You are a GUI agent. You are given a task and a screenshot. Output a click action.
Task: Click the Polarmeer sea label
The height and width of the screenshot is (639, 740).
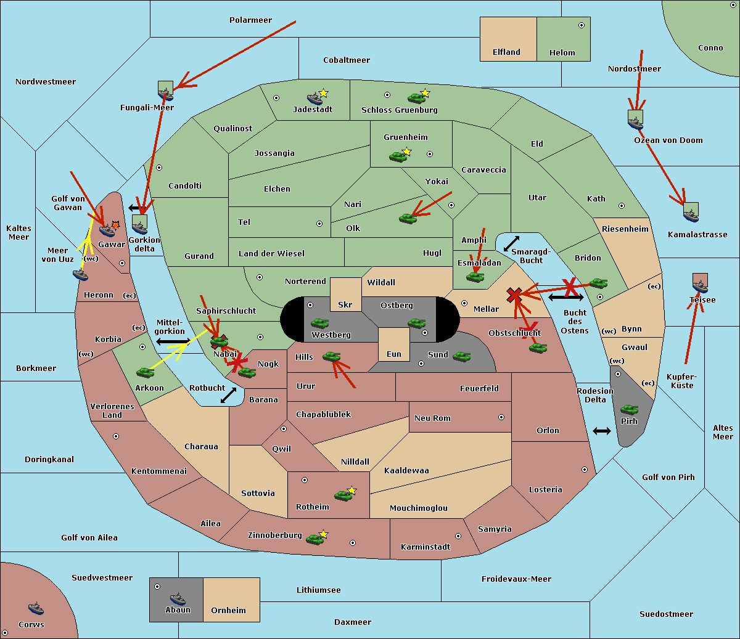tap(250, 20)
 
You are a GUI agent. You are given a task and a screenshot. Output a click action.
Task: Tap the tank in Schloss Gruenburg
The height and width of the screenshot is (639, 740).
tap(416, 97)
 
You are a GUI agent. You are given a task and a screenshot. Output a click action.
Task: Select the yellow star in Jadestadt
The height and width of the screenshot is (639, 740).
tap(324, 93)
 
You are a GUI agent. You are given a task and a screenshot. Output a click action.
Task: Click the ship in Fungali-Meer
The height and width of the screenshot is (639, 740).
tap(165, 94)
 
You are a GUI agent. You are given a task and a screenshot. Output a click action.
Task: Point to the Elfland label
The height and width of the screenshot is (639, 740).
tap(506, 52)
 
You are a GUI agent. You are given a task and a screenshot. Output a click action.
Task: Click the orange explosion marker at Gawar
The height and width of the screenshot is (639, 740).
tap(115, 226)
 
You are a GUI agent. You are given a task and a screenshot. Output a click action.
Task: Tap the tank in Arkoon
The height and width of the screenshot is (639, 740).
tap(145, 372)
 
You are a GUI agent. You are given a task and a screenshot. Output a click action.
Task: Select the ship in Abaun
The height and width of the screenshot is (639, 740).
tap(178, 598)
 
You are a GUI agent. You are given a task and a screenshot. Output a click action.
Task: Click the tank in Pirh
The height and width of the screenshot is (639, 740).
tap(629, 409)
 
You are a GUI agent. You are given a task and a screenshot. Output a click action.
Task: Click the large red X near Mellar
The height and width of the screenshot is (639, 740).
tap(514, 295)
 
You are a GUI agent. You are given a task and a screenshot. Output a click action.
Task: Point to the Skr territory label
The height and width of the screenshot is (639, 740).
tap(345, 304)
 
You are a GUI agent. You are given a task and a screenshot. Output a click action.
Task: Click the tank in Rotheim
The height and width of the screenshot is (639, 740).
tap(343, 495)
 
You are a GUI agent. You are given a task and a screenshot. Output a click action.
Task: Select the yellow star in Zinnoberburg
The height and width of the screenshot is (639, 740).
tap(323, 534)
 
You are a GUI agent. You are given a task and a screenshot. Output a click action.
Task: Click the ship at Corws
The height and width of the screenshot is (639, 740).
tap(36, 608)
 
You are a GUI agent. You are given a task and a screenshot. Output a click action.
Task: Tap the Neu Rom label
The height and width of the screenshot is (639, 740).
tap(432, 418)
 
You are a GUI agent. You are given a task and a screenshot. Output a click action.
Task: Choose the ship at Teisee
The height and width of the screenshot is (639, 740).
tap(700, 286)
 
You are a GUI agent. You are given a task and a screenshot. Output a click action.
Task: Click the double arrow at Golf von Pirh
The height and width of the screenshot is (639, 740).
tap(602, 431)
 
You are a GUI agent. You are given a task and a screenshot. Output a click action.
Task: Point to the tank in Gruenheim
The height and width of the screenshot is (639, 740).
tap(398, 157)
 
